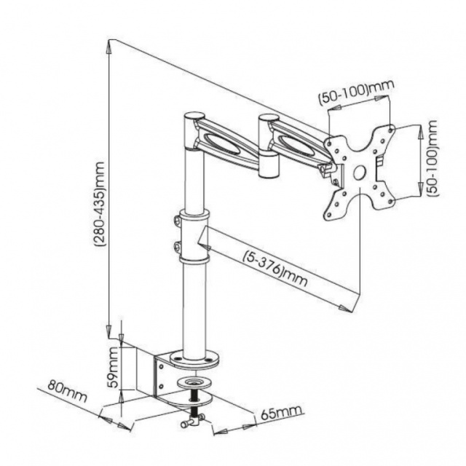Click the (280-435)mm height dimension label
tap(100, 205)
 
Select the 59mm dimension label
tap(114, 368)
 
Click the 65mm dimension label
tap(282, 412)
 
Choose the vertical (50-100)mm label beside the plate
tap(433, 158)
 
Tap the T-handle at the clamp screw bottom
tap(192, 421)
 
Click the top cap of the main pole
tap(194, 116)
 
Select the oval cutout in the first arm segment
tap(221, 143)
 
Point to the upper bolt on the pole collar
tap(177, 221)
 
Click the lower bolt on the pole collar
tap(177, 246)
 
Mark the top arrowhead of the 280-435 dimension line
tap(109, 47)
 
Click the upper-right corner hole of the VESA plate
tap(391, 129)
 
